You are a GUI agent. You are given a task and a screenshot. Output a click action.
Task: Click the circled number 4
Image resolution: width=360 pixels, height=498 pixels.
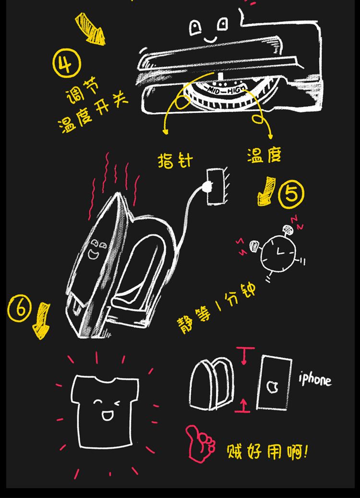(x=67, y=63)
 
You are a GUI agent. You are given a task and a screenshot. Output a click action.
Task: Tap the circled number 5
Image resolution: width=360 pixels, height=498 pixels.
(x=291, y=194)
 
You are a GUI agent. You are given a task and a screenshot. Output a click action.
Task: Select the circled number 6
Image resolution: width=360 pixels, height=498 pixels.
(x=20, y=308)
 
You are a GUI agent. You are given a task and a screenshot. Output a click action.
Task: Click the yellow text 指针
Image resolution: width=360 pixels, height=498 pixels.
(x=175, y=160)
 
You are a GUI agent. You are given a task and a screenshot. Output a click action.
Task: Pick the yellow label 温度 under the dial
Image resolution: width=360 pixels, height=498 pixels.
(x=264, y=155)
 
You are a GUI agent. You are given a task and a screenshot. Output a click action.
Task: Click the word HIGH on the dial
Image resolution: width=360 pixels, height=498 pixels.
(x=237, y=90)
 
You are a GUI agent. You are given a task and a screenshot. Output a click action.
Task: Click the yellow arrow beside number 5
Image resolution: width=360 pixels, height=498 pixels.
(x=266, y=191)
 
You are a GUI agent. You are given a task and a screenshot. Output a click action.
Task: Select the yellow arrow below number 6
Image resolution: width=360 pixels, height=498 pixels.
(x=41, y=321)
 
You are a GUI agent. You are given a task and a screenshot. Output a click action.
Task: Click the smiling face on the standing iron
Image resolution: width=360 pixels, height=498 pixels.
(x=96, y=249)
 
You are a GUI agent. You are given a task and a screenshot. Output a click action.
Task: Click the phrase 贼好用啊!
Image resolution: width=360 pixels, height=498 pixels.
(x=267, y=451)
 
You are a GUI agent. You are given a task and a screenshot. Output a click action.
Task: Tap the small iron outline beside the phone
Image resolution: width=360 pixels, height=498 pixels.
(x=211, y=384)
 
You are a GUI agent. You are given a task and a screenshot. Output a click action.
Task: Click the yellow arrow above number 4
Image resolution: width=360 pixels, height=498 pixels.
(x=90, y=29)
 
